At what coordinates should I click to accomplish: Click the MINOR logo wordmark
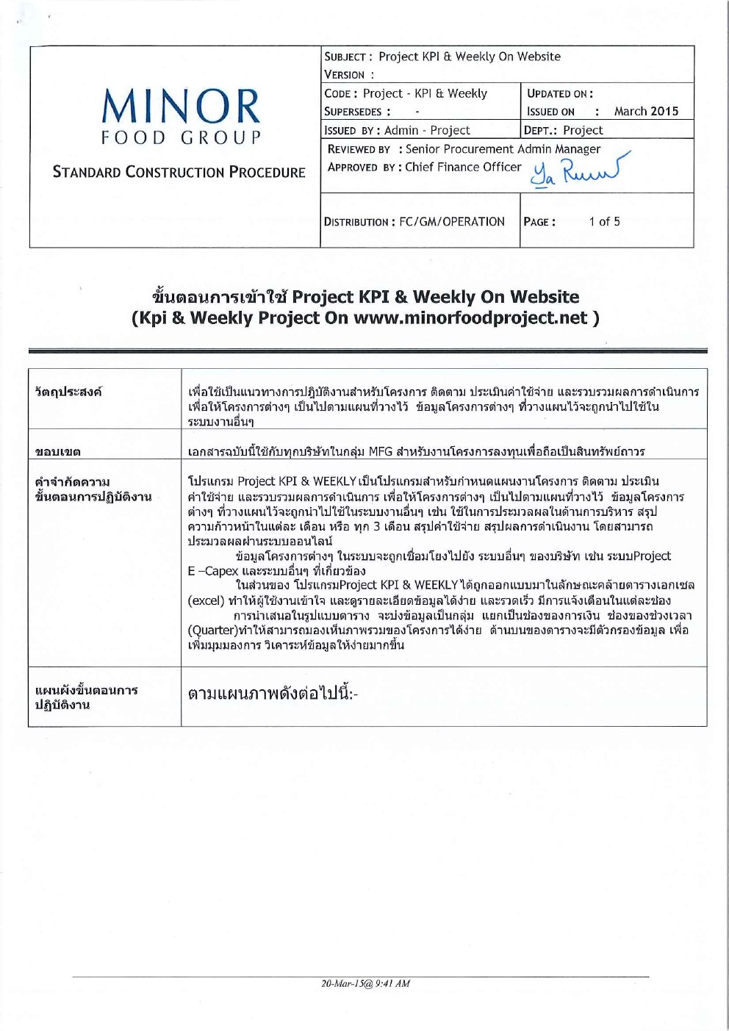click(181, 107)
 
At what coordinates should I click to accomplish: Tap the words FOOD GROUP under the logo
click(181, 138)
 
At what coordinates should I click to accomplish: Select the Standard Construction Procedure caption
click(179, 172)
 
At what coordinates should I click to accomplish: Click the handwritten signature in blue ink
click(580, 171)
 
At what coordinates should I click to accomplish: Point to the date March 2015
click(646, 112)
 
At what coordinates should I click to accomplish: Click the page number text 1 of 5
click(604, 222)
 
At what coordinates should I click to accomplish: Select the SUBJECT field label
click(345, 57)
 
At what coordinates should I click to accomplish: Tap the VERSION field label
click(345, 75)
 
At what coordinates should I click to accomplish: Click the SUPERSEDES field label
click(353, 112)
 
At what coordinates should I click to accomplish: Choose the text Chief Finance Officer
click(463, 168)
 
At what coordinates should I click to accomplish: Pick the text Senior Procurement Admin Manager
click(503, 149)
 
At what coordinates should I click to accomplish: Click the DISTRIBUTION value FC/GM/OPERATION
click(451, 222)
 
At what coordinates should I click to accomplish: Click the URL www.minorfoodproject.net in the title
click(470, 318)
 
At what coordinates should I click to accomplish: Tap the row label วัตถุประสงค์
click(68, 392)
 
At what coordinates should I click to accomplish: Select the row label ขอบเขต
click(58, 451)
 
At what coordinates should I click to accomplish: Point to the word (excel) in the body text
click(206, 600)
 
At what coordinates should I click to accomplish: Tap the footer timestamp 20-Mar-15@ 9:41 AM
click(365, 983)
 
